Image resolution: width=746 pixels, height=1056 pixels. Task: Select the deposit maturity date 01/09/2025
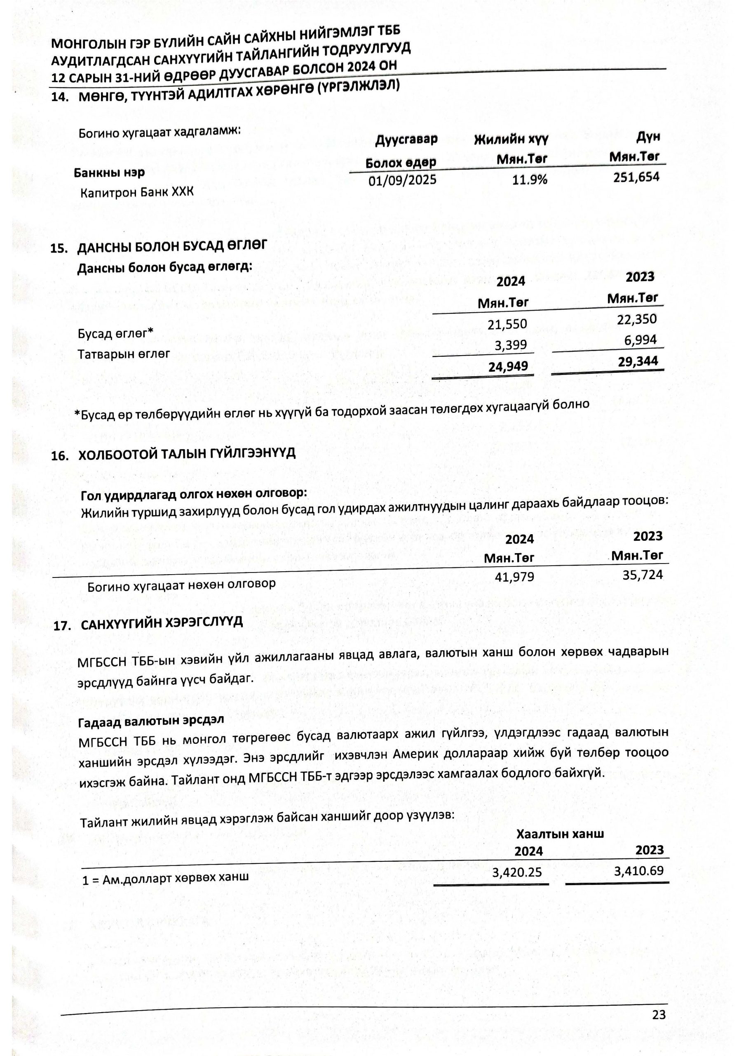coord(402,180)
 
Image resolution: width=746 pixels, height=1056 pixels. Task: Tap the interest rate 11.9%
coord(530,179)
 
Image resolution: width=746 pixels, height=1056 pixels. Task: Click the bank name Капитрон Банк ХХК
coord(137,192)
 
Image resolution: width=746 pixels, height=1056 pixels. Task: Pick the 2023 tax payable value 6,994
coord(640,340)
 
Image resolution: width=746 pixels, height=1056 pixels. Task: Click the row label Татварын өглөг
coord(124,354)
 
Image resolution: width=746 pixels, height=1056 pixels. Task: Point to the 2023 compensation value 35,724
coord(642,575)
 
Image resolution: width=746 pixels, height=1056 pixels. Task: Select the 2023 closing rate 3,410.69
coord(639,871)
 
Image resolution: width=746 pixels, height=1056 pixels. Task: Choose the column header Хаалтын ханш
coord(560,834)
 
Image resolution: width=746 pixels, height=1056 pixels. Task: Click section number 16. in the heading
coord(60,456)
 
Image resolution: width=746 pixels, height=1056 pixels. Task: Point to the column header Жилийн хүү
coord(511,139)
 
